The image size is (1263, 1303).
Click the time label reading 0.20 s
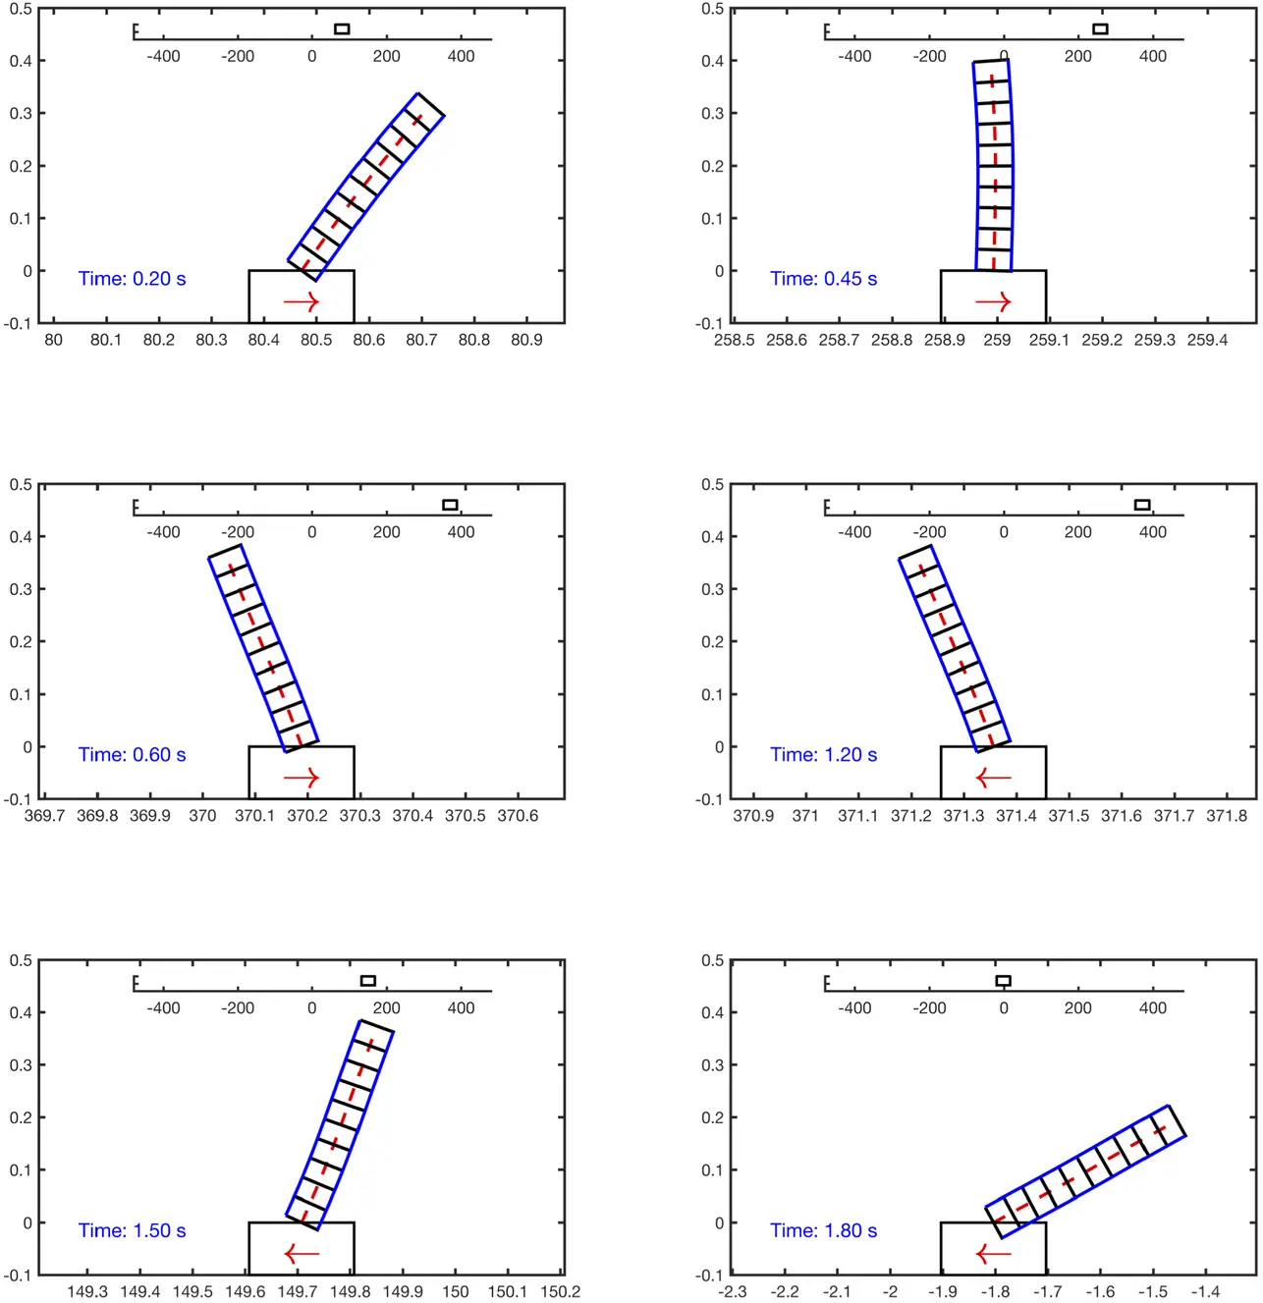[x=132, y=279]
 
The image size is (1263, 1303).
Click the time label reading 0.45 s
[x=823, y=279]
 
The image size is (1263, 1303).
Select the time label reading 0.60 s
[x=132, y=755]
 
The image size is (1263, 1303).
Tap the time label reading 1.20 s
[x=823, y=755]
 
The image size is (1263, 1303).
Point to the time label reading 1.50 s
[x=132, y=1230]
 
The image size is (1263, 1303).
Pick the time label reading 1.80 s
[x=823, y=1230]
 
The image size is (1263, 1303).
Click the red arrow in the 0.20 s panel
[x=302, y=302]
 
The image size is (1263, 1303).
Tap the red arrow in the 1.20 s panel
[x=993, y=778]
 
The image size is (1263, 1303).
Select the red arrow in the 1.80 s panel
[x=993, y=1254]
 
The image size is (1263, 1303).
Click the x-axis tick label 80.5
[x=316, y=340]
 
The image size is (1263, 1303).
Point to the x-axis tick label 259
[x=997, y=340]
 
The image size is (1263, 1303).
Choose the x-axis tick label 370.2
[x=307, y=816]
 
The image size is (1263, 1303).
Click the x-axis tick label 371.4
[x=1016, y=816]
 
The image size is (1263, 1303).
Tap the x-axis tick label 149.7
[x=298, y=1291]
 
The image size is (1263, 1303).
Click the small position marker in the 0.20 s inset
[x=342, y=28]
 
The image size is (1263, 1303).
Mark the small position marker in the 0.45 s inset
[x=1100, y=28]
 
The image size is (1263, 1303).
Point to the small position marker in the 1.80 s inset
[x=1003, y=981]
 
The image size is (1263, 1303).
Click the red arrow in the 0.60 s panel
[x=302, y=778]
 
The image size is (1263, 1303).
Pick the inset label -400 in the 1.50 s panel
[x=163, y=1008]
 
